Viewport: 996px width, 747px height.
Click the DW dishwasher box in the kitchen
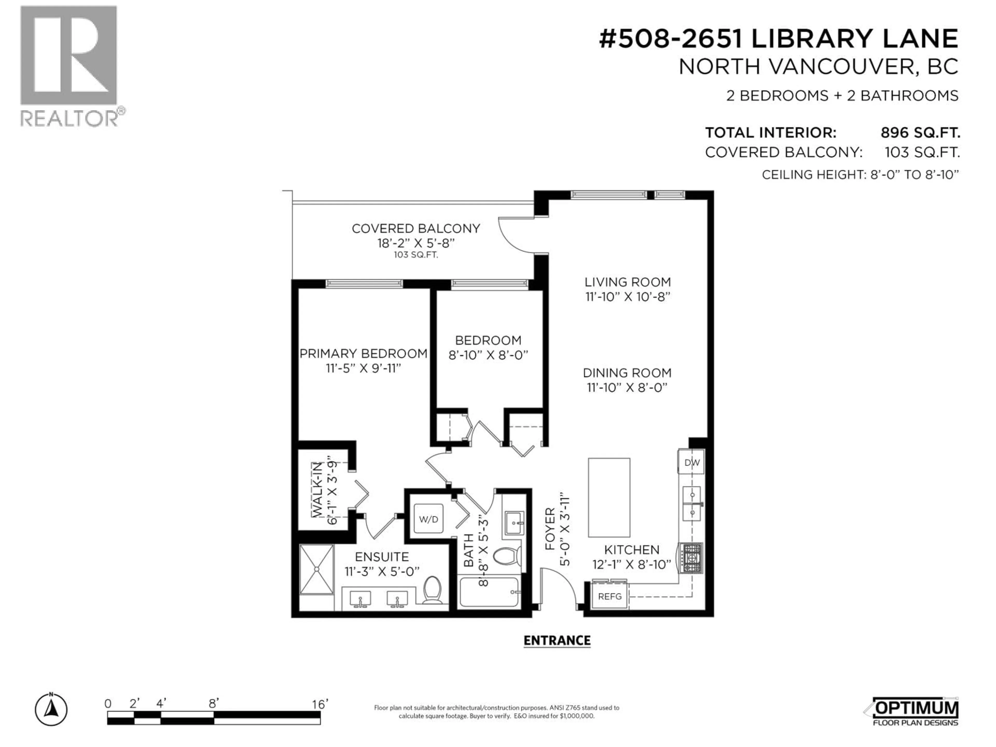click(691, 462)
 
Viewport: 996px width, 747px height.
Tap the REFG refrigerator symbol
click(610, 596)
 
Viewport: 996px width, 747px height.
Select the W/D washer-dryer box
click(428, 519)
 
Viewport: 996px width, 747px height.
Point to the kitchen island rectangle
click(609, 497)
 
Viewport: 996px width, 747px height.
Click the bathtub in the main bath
click(489, 592)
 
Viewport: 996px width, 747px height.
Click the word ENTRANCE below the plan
click(557, 640)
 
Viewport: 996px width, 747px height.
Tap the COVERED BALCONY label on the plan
click(416, 229)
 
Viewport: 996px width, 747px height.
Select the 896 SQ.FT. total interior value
click(920, 133)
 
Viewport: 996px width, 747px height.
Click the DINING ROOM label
click(627, 373)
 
